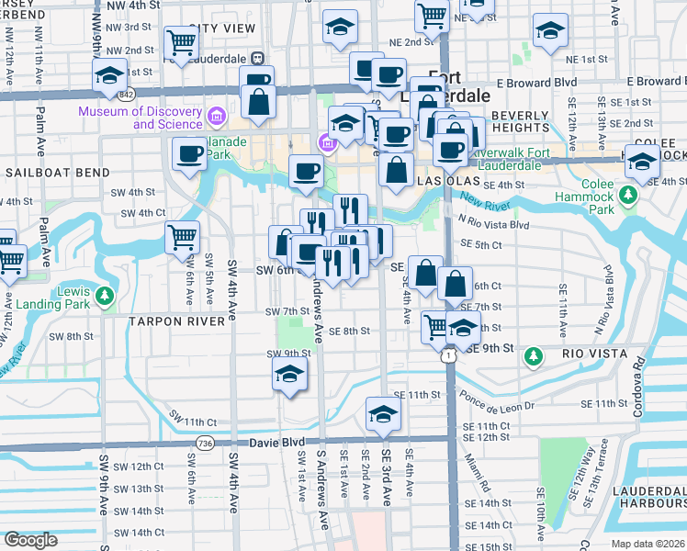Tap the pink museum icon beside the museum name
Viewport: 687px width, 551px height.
click(x=217, y=117)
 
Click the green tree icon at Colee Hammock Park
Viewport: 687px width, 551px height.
click(x=628, y=195)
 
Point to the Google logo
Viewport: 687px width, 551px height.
click(x=30, y=540)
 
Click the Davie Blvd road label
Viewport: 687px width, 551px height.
click(x=278, y=442)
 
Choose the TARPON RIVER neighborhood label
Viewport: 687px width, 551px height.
click(x=177, y=321)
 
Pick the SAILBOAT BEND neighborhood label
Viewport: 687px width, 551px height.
click(x=57, y=172)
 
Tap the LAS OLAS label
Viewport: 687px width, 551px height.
click(x=445, y=183)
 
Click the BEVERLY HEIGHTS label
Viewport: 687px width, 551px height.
click(x=520, y=121)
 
